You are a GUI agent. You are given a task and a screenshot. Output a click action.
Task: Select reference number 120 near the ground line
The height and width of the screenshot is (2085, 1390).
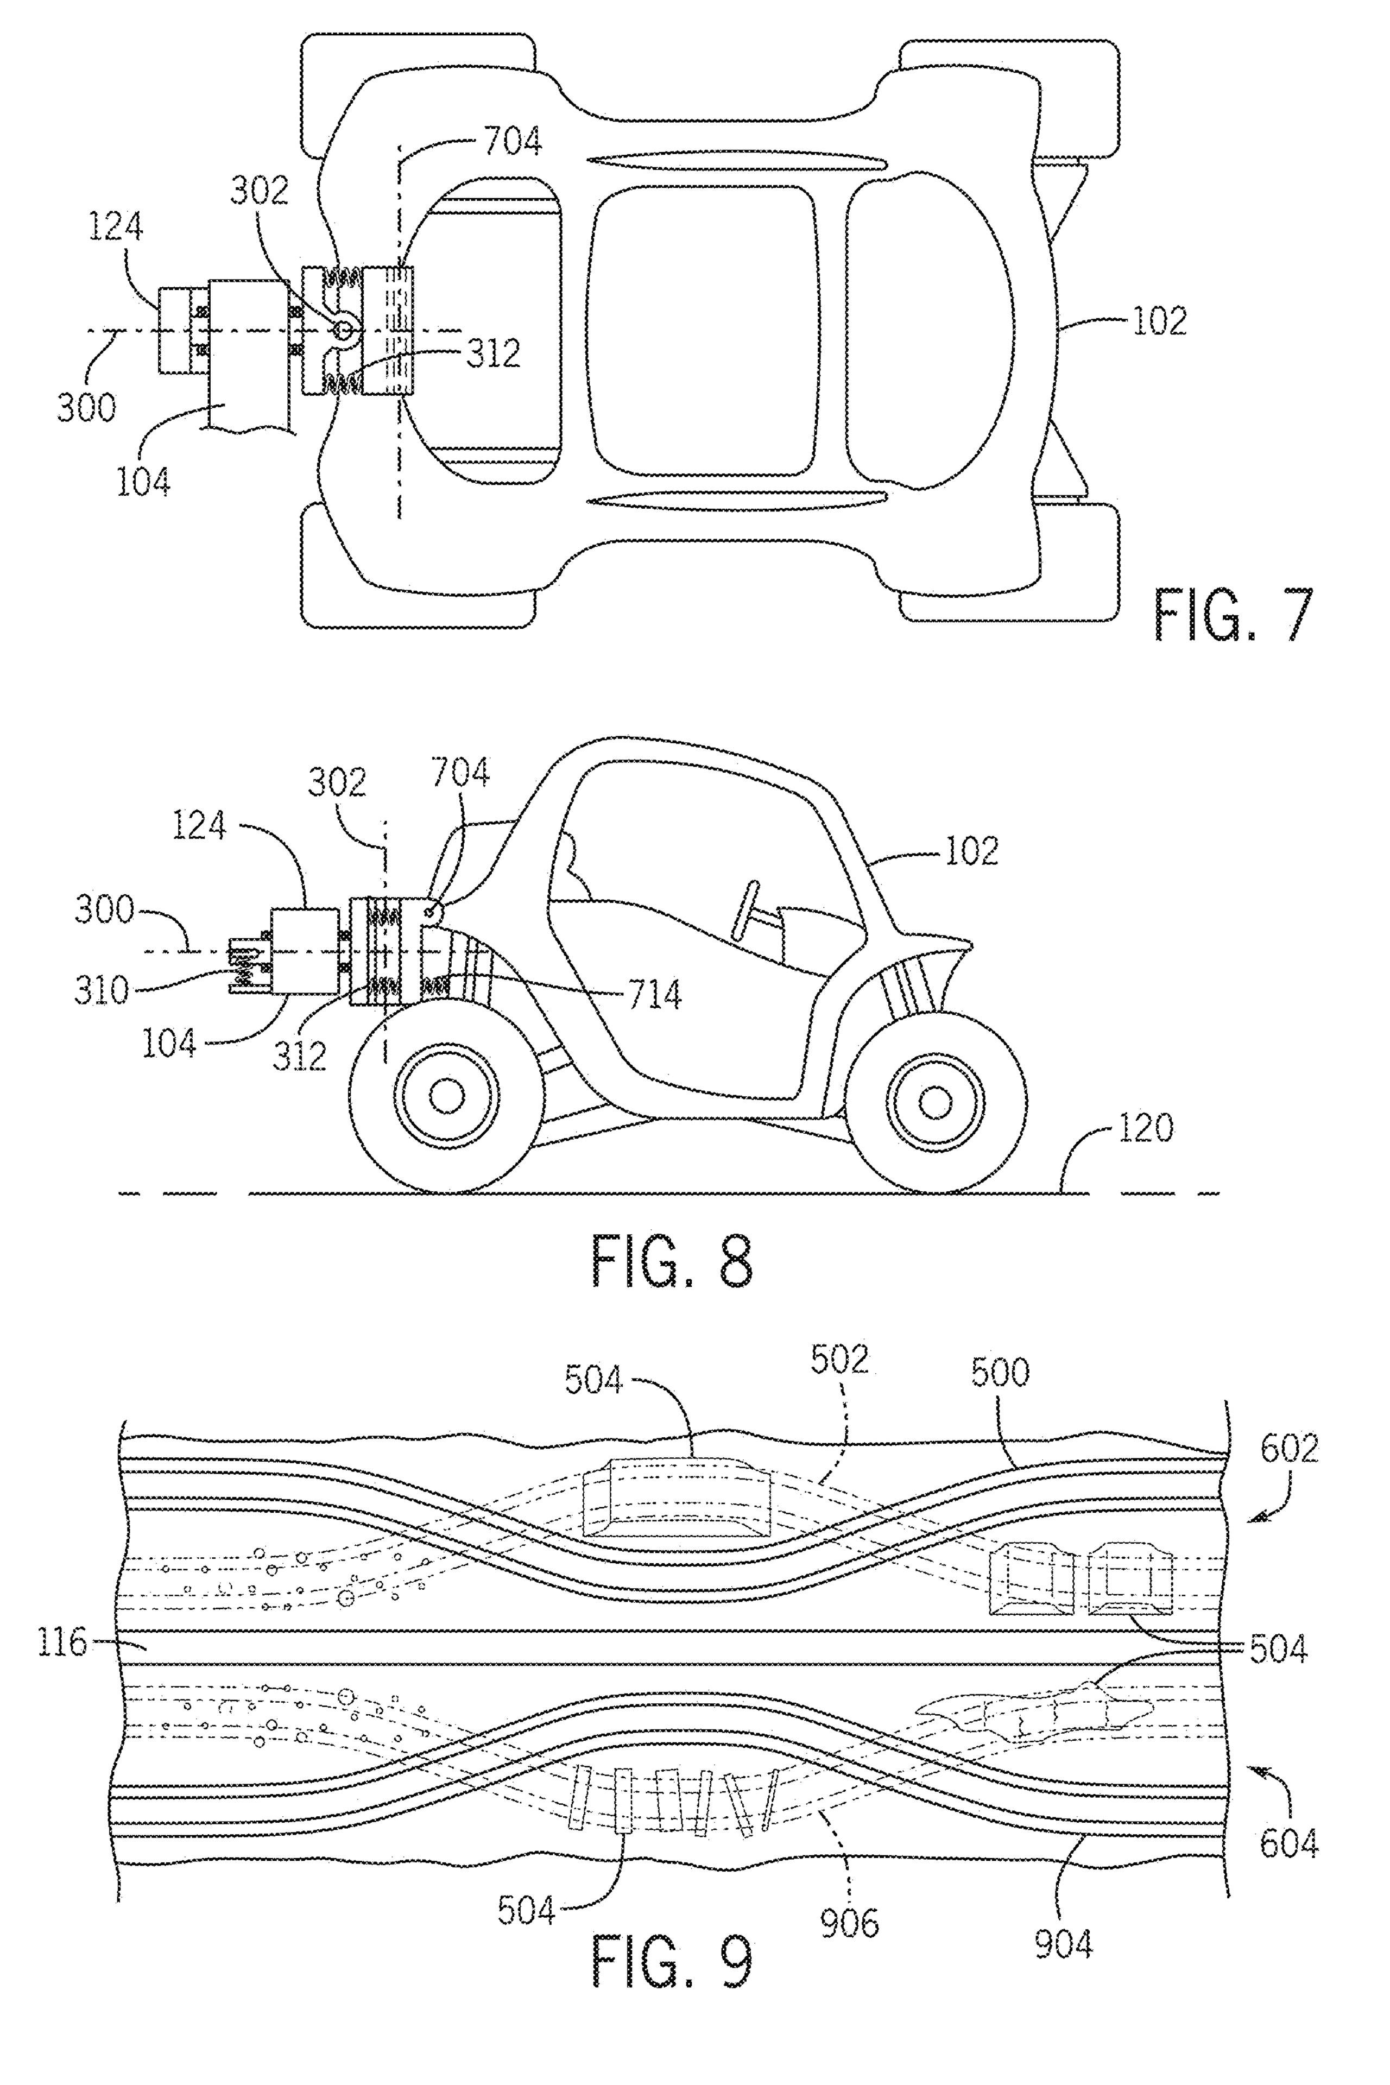(x=1145, y=1128)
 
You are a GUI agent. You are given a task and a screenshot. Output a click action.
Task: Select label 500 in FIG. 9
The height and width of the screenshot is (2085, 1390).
(x=1000, y=1372)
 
